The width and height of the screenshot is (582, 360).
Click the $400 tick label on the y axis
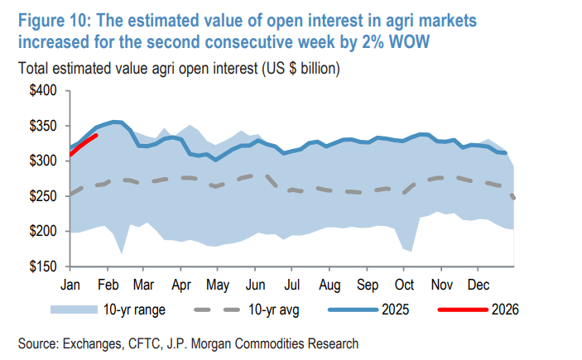(40, 90)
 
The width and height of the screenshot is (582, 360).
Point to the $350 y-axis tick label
(40, 126)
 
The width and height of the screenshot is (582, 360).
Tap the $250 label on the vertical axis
(40, 196)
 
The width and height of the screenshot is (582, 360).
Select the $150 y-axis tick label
(40, 267)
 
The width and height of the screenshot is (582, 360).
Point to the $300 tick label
(40, 161)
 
